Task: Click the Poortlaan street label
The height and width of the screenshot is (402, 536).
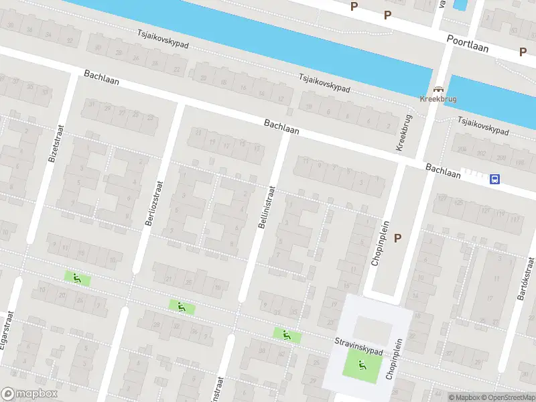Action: point(468,44)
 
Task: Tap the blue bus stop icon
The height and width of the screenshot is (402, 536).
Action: point(494,179)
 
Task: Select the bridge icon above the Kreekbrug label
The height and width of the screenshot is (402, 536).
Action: point(439,90)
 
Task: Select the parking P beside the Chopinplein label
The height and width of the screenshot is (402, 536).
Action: point(398,238)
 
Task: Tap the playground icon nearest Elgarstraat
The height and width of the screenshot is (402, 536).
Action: point(76,277)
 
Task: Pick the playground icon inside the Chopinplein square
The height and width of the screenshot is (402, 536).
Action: point(362,365)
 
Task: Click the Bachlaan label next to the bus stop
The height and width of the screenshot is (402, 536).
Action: point(443,170)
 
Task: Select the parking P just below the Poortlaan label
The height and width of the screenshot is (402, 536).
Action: point(523,52)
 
